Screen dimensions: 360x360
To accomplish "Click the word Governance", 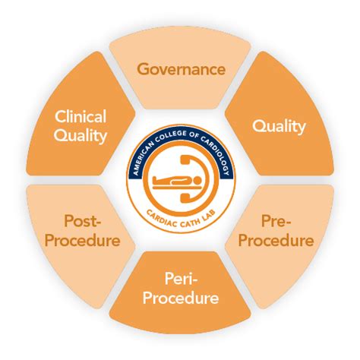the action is click(182, 69).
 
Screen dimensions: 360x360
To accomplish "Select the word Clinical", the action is click(81, 116).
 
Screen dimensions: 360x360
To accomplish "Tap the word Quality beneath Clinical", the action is click(81, 136).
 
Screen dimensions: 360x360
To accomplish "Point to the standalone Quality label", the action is click(279, 126).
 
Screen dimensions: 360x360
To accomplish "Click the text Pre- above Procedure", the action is click(276, 221).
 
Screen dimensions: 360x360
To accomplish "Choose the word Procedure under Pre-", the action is click(276, 240).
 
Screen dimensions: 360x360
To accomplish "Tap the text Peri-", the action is click(181, 278).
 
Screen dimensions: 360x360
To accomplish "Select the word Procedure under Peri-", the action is click(181, 298).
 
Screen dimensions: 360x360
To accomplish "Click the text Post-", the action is click(83, 221).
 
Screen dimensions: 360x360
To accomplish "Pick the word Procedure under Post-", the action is click(83, 240).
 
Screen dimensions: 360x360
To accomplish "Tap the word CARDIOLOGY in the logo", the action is click(217, 153).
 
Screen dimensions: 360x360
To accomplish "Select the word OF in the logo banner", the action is click(194, 135).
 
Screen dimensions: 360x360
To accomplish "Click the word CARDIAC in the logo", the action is click(159, 218).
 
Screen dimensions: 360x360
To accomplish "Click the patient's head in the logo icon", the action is click(196, 181).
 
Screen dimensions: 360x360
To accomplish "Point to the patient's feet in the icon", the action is click(155, 181).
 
